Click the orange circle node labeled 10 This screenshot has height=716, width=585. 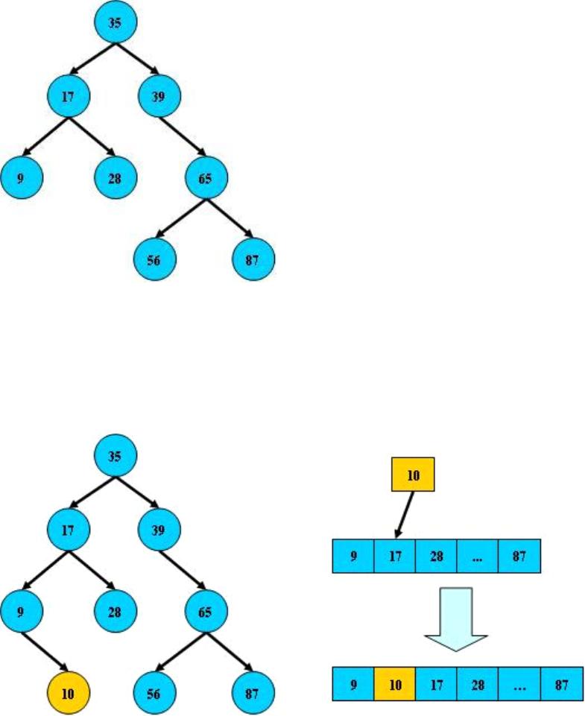click(68, 693)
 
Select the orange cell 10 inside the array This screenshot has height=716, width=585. click(394, 684)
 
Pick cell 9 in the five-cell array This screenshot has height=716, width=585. click(352, 557)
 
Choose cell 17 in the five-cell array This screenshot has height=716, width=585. click(393, 557)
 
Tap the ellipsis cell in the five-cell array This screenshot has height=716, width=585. click(476, 557)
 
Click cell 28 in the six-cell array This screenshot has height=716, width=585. click(478, 684)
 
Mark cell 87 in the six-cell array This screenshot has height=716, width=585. click(561, 684)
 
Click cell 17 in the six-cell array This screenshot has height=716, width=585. click(436, 684)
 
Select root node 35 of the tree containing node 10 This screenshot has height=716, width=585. click(115, 456)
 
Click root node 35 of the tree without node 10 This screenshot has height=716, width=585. click(115, 22)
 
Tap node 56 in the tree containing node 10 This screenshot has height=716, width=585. click(154, 693)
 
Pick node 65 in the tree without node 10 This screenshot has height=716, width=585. click(206, 178)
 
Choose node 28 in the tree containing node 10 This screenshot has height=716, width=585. click(116, 612)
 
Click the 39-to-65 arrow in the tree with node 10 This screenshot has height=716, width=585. click(183, 570)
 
